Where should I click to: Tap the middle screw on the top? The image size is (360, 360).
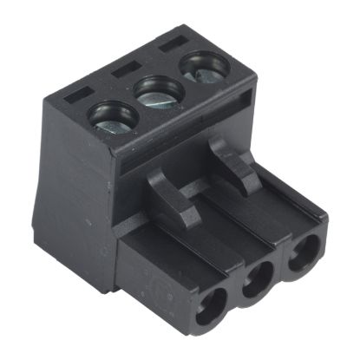tap(158, 92)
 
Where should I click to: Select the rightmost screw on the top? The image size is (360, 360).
tap(198, 69)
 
